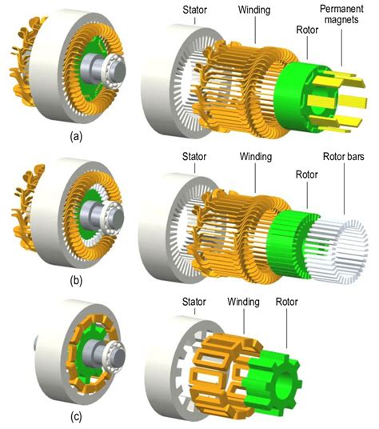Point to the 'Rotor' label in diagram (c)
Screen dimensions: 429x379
point(286,302)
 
